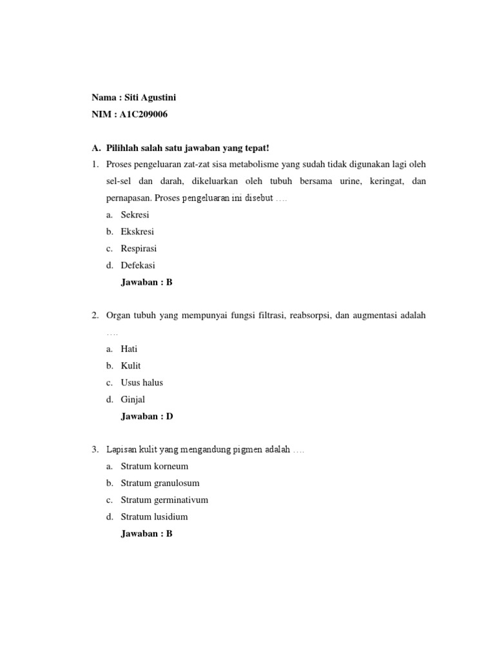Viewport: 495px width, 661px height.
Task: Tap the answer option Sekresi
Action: tap(135, 215)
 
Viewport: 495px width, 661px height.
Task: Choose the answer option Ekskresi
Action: tap(137, 232)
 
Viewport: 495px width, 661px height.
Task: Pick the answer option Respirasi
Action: tap(139, 249)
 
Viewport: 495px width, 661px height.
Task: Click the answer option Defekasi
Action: tap(138, 265)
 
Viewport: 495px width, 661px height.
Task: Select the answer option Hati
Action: tap(129, 349)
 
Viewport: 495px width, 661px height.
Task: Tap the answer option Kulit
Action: tap(131, 366)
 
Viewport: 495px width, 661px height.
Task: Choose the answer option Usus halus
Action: tap(142, 383)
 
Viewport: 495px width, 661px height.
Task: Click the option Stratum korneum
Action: tap(155, 466)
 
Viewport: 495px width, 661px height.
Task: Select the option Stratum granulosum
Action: tap(160, 483)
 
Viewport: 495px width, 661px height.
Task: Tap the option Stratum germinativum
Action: tap(164, 500)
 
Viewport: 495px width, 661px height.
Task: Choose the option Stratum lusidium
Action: tap(155, 516)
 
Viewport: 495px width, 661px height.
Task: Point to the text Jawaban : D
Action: tap(147, 416)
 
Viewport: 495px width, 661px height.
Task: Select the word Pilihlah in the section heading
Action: tap(122, 148)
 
